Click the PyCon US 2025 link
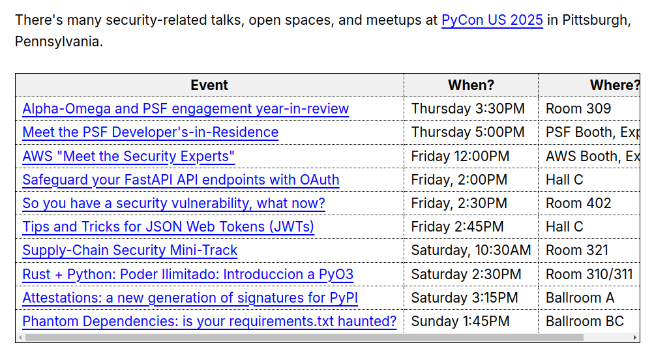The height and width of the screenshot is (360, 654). [492, 20]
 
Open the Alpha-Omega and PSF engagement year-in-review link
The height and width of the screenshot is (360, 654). [186, 108]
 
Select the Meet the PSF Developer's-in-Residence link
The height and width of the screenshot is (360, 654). [151, 132]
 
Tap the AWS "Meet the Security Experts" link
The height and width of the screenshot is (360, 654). [128, 156]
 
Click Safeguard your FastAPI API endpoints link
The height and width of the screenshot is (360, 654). [181, 180]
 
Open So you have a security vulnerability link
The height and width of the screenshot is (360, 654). [174, 203]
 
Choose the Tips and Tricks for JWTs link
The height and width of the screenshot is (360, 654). [168, 226]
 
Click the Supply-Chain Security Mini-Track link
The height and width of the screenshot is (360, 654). [130, 250]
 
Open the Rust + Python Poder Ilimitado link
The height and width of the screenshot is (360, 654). [188, 274]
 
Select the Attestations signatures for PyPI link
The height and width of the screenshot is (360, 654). [190, 298]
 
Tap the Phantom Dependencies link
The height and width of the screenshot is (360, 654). [209, 322]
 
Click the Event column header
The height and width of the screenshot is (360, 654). [209, 85]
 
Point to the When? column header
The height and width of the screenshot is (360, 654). [471, 85]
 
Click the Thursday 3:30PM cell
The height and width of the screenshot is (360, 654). [468, 108]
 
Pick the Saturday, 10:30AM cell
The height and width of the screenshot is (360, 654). [471, 250]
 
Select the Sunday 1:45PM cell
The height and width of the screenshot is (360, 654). [460, 322]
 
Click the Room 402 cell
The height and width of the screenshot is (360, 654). [578, 203]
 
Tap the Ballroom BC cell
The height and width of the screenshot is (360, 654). [585, 322]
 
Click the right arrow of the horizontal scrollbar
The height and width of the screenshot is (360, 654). [635, 337]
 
